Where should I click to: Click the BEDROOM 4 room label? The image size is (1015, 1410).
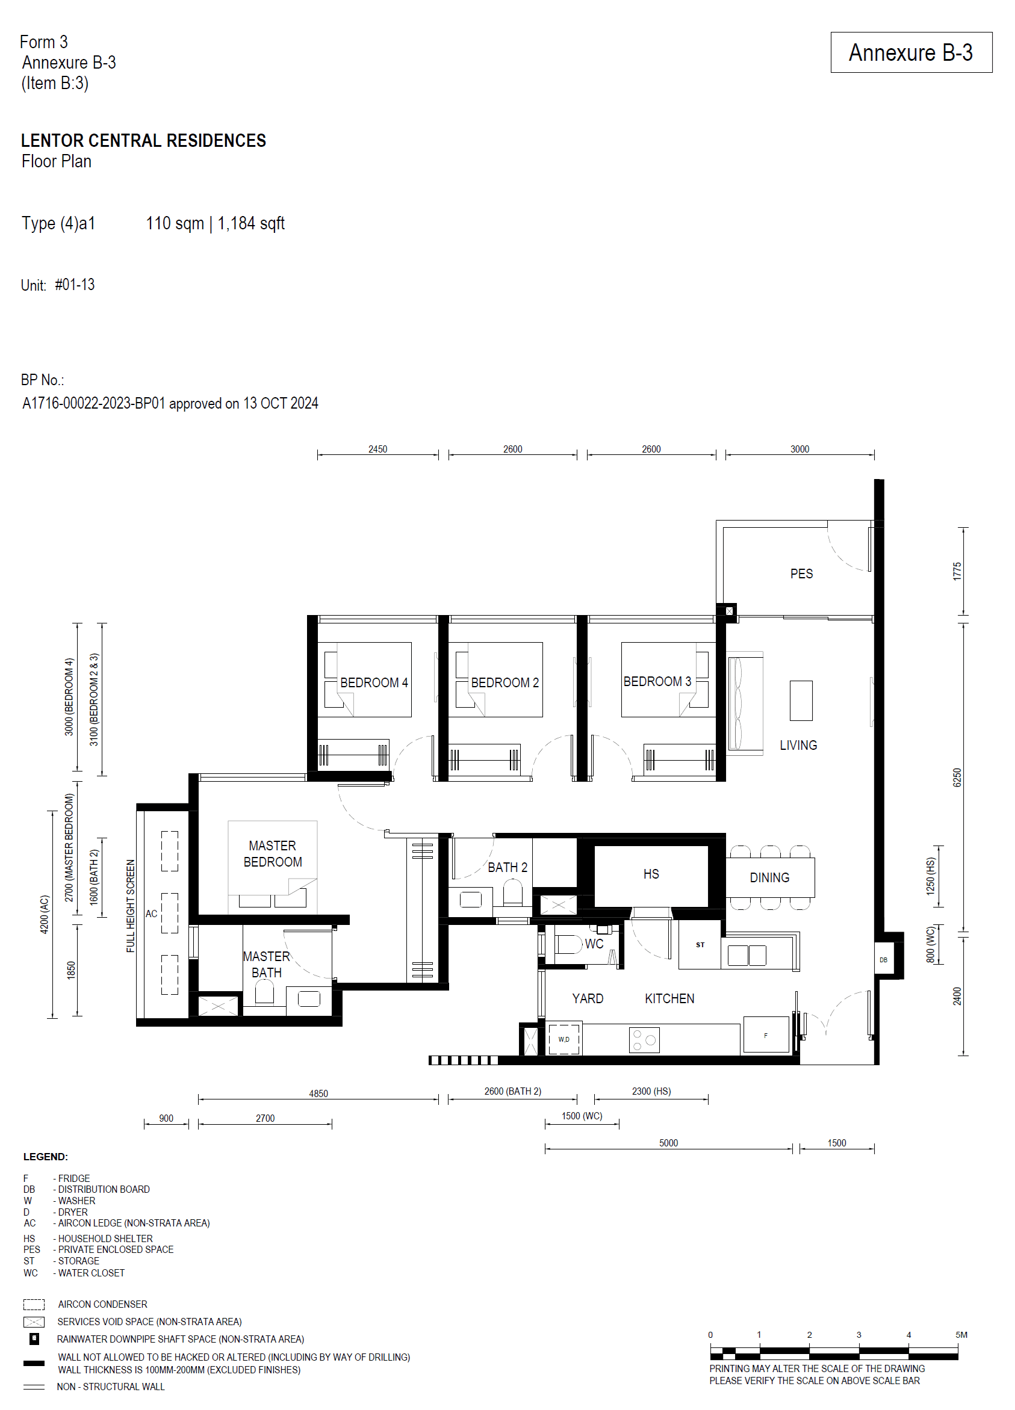pyautogui.click(x=373, y=682)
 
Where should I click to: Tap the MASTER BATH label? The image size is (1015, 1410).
pyautogui.click(x=266, y=964)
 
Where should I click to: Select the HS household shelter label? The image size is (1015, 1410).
pyautogui.click(x=651, y=873)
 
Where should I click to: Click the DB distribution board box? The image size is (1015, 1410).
pyautogui.click(x=883, y=959)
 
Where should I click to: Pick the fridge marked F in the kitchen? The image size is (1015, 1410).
pyautogui.click(x=766, y=1035)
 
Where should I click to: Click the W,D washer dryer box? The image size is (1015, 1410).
pyautogui.click(x=563, y=1039)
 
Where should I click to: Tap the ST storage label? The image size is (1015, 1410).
pyautogui.click(x=700, y=945)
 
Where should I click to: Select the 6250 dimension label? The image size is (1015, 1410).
pyautogui.click(x=957, y=777)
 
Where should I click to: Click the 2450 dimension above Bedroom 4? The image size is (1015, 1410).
pyautogui.click(x=377, y=449)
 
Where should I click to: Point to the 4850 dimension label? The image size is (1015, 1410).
pyautogui.click(x=318, y=1093)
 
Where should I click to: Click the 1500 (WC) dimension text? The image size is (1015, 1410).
pyautogui.click(x=582, y=1115)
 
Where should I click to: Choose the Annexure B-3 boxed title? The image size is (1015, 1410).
pyautogui.click(x=910, y=53)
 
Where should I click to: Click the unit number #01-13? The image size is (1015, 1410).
pyautogui.click(x=75, y=285)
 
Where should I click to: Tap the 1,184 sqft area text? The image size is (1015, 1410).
pyautogui.click(x=250, y=223)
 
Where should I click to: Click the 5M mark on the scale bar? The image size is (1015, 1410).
pyautogui.click(x=961, y=1335)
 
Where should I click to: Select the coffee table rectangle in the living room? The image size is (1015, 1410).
pyautogui.click(x=801, y=700)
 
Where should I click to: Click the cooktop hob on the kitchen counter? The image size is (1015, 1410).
pyautogui.click(x=644, y=1039)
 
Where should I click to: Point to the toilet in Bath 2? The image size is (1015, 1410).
pyautogui.click(x=512, y=892)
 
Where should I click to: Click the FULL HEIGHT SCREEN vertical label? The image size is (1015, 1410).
pyautogui.click(x=131, y=905)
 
